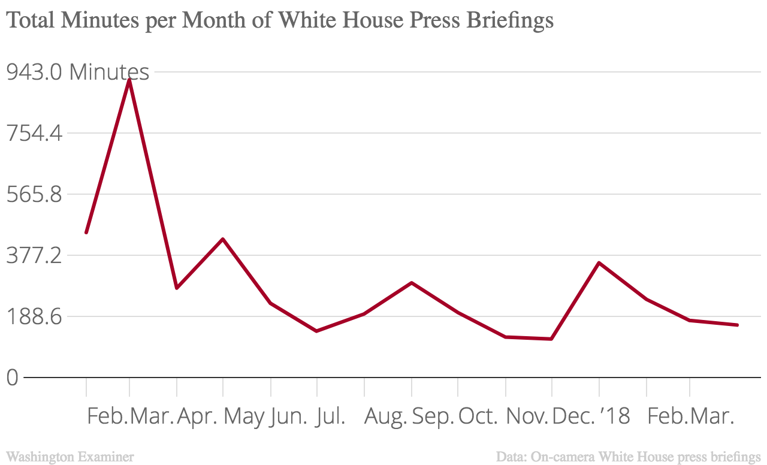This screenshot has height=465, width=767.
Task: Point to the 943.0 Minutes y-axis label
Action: (77, 72)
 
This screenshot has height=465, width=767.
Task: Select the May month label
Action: (244, 416)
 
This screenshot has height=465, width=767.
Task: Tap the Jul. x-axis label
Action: (330, 416)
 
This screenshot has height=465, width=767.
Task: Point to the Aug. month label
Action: (385, 416)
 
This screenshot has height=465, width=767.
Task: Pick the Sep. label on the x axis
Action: (433, 416)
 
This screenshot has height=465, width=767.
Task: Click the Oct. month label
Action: (478, 416)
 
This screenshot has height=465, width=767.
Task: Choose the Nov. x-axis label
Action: (527, 416)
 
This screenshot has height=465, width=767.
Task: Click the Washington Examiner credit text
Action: (70, 457)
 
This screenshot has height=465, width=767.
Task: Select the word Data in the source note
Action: (511, 457)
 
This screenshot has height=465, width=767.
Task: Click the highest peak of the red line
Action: (129, 80)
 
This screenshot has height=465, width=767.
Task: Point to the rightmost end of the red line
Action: (737, 325)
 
